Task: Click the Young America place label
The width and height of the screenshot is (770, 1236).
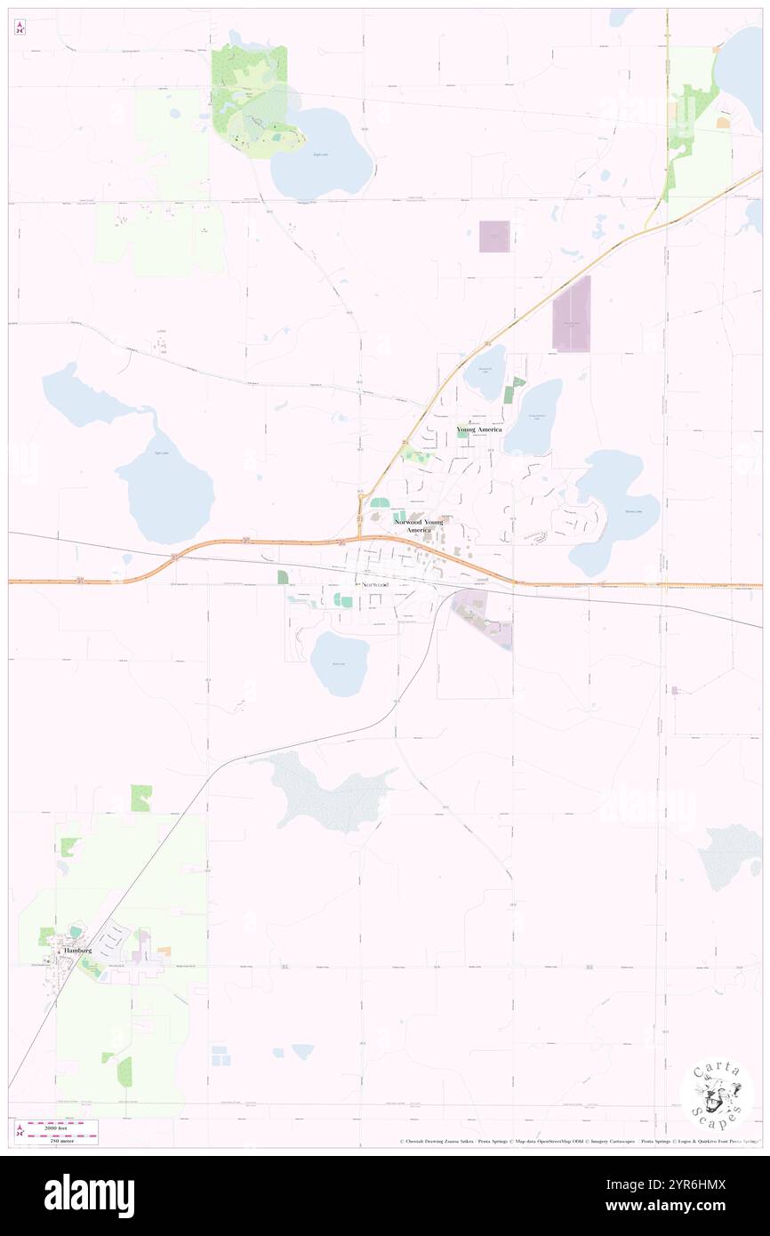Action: (478, 429)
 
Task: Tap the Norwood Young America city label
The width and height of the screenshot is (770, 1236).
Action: (418, 526)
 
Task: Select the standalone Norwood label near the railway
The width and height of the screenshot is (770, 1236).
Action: (374, 585)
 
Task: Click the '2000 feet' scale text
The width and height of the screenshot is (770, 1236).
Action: (62, 1124)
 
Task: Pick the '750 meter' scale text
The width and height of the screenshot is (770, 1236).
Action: (62, 1138)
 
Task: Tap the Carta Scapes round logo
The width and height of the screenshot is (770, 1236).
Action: (717, 1096)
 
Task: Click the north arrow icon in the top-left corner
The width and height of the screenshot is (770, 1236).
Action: (20, 28)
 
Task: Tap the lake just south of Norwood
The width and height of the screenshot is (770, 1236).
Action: (338, 663)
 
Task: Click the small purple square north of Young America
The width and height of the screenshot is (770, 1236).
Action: (494, 236)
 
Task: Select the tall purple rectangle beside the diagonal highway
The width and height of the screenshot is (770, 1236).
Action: (571, 313)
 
